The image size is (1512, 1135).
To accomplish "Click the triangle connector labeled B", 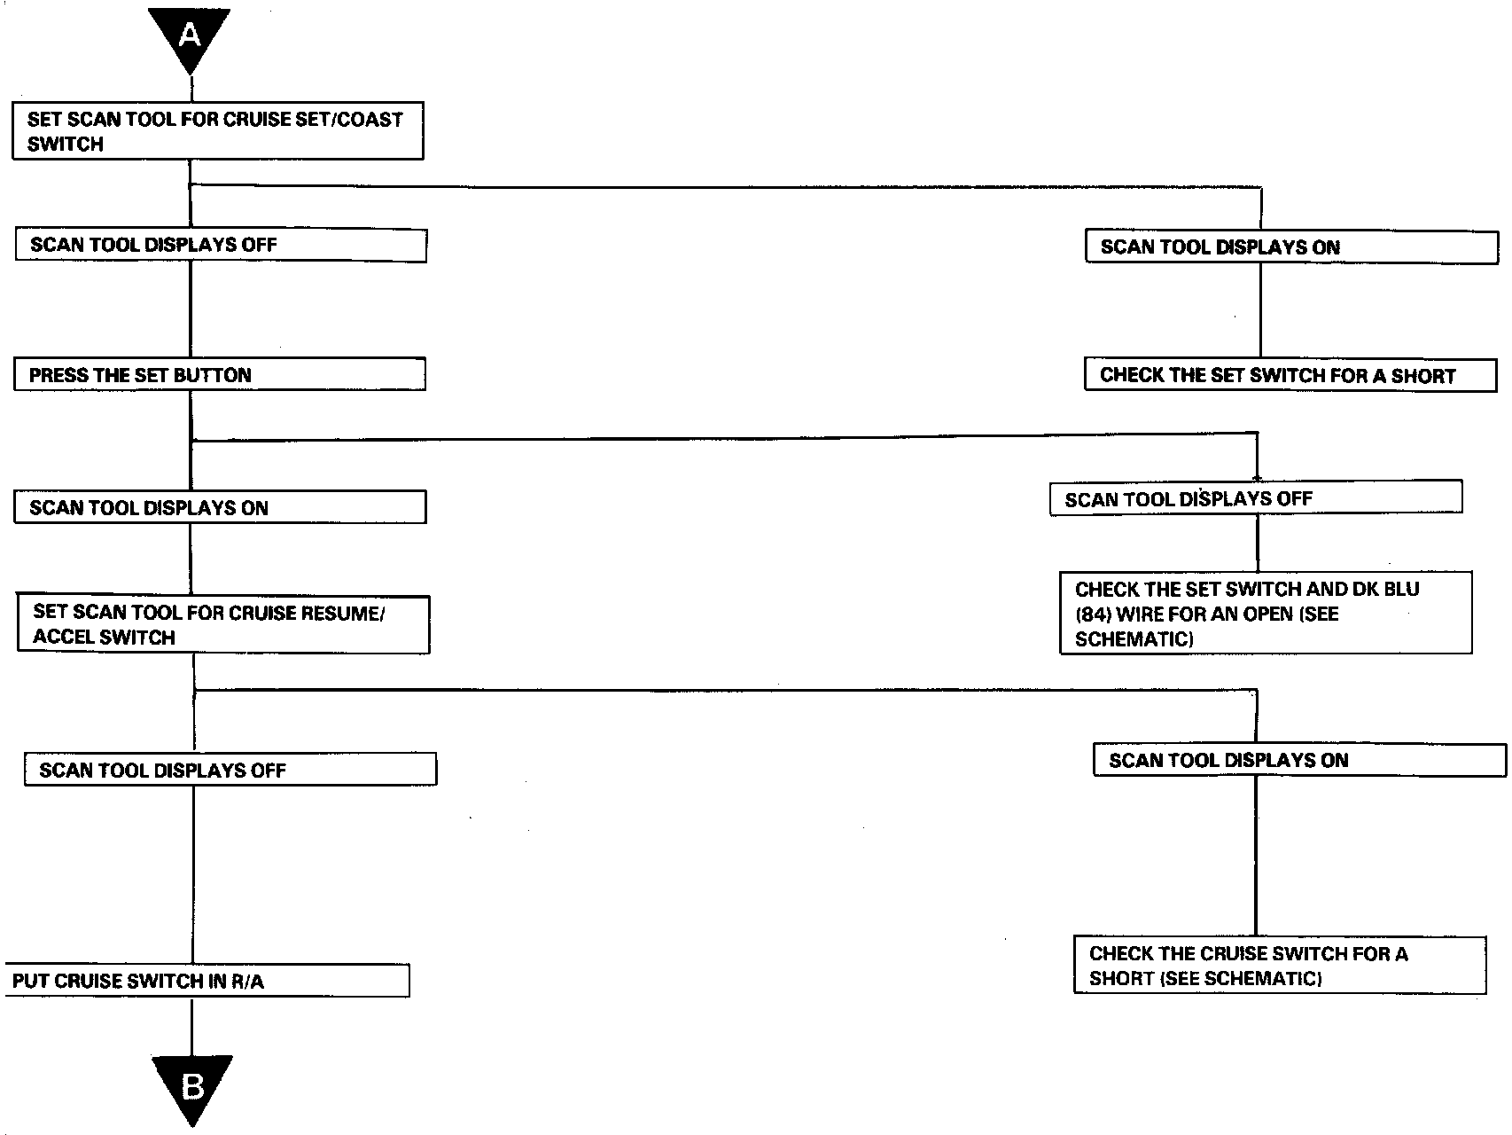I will pos(191,1084).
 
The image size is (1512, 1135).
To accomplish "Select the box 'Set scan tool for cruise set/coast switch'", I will pos(217,131).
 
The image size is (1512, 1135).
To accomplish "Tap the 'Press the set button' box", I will pos(219,375).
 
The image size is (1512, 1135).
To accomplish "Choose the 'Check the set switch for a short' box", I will pos(1290,375).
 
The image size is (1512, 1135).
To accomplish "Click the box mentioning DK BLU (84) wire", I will pos(1265,614).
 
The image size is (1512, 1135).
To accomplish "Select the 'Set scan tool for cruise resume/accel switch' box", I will pos(223,625).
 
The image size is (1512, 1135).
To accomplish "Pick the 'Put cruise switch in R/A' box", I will pos(207,981).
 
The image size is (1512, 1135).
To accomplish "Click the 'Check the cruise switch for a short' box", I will pos(1279,966).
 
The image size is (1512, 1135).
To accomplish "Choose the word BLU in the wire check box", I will pos(1399,589).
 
